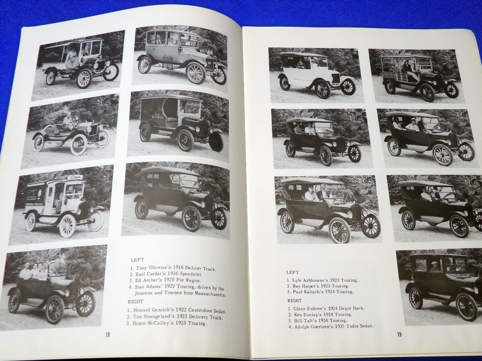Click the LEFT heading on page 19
(292, 273)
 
